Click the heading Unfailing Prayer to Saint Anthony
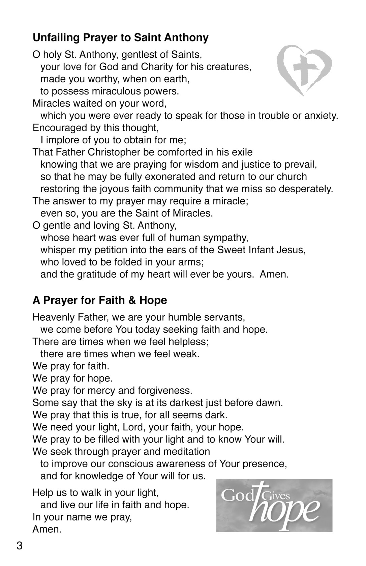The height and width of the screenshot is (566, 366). click(x=120, y=37)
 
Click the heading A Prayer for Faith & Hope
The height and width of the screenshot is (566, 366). click(x=100, y=300)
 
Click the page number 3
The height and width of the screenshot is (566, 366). click(x=19, y=545)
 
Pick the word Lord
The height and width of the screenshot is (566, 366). click(x=133, y=427)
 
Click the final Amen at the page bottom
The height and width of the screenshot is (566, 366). click(x=47, y=529)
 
